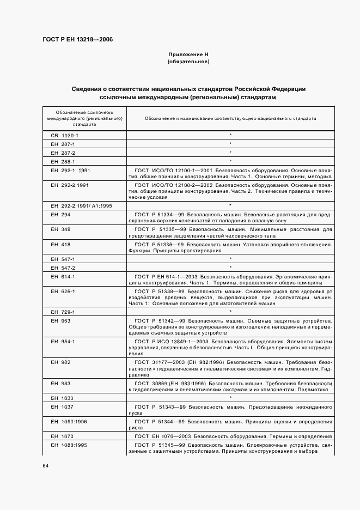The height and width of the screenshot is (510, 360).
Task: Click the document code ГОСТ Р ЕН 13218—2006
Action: coord(77,40)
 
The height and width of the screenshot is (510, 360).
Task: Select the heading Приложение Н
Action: coord(188,55)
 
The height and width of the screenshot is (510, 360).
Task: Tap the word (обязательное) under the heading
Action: coord(188,62)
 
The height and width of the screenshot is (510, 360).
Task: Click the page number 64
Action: coord(46,465)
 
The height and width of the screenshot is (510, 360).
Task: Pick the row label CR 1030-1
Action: coord(65,135)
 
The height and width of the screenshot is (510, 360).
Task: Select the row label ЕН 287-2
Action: coord(63,153)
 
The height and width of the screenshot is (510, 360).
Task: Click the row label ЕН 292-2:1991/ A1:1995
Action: coord(81,205)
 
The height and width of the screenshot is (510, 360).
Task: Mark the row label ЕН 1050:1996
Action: coord(68,421)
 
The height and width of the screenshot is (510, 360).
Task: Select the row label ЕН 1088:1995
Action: coord(68,445)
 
